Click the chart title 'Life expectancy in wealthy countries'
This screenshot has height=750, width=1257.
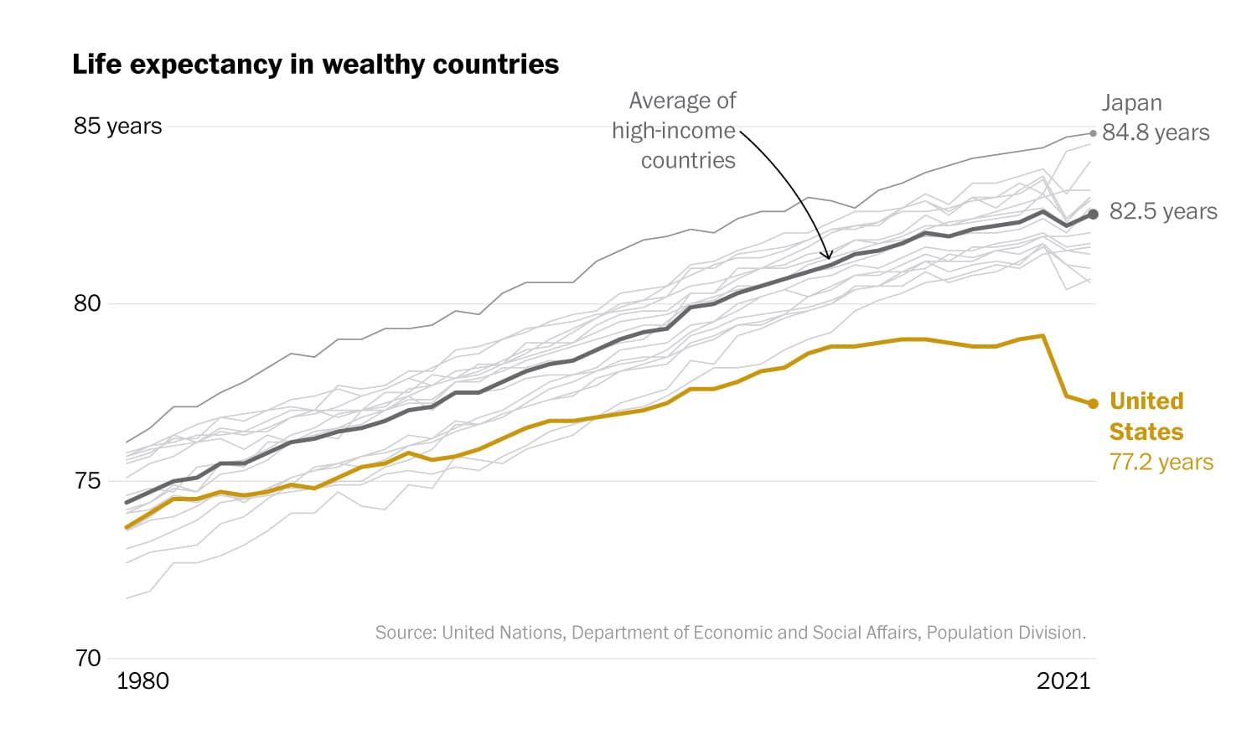click(315, 65)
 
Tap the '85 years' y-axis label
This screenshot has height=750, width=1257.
click(117, 126)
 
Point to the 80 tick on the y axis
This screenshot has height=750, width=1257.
click(87, 303)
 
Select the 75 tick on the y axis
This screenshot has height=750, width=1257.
click(87, 481)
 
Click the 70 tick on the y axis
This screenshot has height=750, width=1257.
click(87, 659)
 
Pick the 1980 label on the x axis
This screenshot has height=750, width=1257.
click(142, 680)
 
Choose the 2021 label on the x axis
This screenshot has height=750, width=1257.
click(1063, 680)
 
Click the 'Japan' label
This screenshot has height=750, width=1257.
click(1131, 103)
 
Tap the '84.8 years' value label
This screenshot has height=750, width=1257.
click(1156, 132)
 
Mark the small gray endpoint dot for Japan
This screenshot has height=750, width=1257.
click(1093, 133)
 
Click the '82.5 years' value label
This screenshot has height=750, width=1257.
click(1163, 211)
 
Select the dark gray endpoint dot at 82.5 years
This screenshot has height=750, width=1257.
click(1093, 215)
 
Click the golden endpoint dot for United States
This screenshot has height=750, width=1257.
click(1093, 404)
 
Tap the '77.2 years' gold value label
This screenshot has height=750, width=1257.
click(1161, 462)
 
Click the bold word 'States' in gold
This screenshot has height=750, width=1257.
click(1146, 432)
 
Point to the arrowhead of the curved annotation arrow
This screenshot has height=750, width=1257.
click(829, 257)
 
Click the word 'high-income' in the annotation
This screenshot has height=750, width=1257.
click(673, 131)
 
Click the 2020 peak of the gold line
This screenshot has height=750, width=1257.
click(1042, 336)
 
